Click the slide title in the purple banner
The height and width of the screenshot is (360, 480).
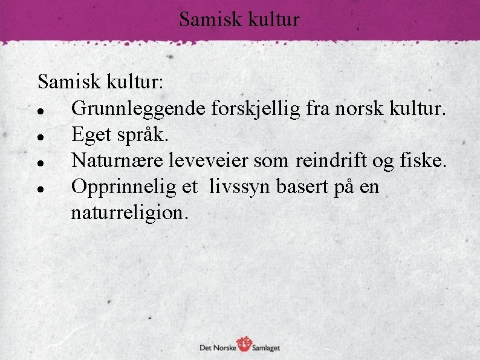click(x=239, y=20)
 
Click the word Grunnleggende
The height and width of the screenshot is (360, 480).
click(x=139, y=109)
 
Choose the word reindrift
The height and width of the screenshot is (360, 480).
click(x=332, y=160)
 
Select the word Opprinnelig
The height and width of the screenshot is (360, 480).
click(x=124, y=187)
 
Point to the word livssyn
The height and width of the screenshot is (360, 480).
click(x=240, y=187)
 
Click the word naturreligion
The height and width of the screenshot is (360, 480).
click(x=129, y=212)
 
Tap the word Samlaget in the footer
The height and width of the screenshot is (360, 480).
click(x=267, y=348)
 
